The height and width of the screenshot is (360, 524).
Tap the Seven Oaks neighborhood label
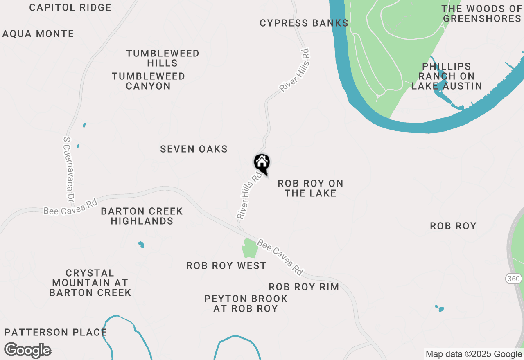click(194, 149)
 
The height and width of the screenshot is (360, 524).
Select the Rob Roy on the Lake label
click(310, 188)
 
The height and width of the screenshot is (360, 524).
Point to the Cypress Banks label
click(304, 23)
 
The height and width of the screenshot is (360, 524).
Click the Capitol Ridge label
click(70, 7)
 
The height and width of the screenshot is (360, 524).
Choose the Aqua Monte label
click(38, 34)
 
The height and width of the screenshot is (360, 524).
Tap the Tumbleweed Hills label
click(163, 58)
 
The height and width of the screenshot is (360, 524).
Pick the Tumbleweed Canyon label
click(148, 81)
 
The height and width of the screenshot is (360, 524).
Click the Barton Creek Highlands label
click(142, 216)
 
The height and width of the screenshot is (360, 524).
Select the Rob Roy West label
click(226, 266)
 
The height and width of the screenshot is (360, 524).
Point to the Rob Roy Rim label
click(304, 287)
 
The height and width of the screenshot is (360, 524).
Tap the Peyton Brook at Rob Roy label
click(246, 304)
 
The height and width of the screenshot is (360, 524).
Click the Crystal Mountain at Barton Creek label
click(90, 283)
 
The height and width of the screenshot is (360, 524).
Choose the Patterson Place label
click(56, 332)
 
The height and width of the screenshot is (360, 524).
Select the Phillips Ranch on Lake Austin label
click(447, 76)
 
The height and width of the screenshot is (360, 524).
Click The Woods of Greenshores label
click(482, 13)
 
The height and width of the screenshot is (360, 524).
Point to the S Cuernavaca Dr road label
click(68, 169)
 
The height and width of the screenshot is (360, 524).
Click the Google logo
click(28, 350)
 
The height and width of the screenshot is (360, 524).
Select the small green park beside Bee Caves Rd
click(250, 248)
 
